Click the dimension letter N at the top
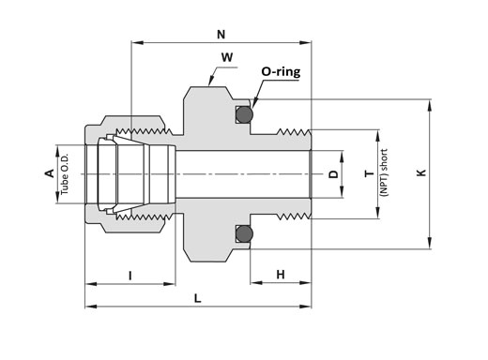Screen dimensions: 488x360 (221, 35)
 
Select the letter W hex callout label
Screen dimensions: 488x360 (227, 57)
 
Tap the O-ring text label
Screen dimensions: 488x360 (281, 72)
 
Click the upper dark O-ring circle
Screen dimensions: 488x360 (244, 114)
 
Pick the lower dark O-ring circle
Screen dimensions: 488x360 (244, 233)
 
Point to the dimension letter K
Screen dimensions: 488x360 (421, 172)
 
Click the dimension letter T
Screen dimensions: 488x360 (370, 173)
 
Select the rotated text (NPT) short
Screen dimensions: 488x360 (384, 172)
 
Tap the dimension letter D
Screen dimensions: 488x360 (334, 174)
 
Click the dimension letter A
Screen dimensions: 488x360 (50, 173)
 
